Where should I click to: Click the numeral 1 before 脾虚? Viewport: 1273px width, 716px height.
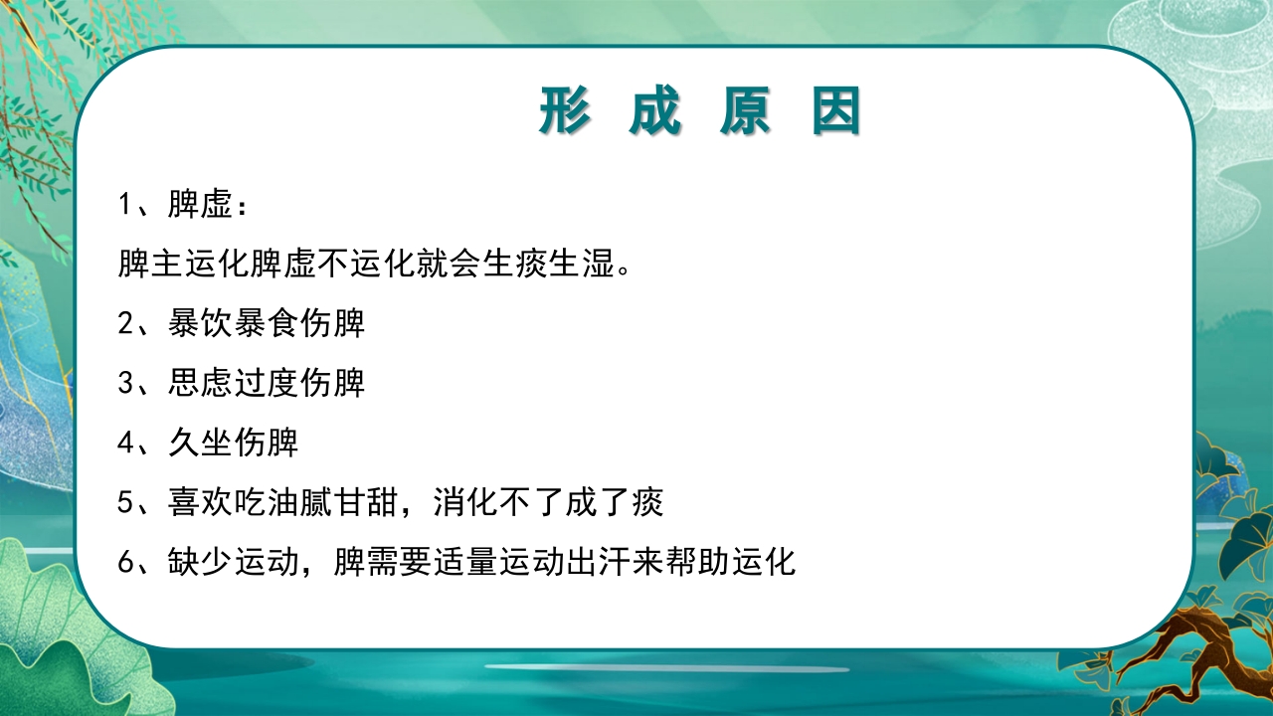pos(125,206)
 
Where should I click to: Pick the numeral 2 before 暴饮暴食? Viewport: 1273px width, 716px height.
pos(125,324)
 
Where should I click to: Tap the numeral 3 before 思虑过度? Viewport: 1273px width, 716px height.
pos(125,384)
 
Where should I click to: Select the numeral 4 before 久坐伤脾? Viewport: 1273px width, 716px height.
pos(125,444)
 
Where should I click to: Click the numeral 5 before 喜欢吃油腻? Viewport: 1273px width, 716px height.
pos(125,503)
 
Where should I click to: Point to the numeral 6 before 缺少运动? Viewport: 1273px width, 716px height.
pos(125,563)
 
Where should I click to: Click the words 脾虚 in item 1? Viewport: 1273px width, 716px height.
pos(200,206)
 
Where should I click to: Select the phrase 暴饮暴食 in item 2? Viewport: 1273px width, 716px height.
pos(233,324)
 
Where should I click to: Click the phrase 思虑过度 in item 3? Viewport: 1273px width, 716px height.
pos(233,384)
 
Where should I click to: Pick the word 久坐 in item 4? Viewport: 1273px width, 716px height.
pos(200,444)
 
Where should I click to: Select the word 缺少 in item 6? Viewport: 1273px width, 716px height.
pos(200,563)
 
